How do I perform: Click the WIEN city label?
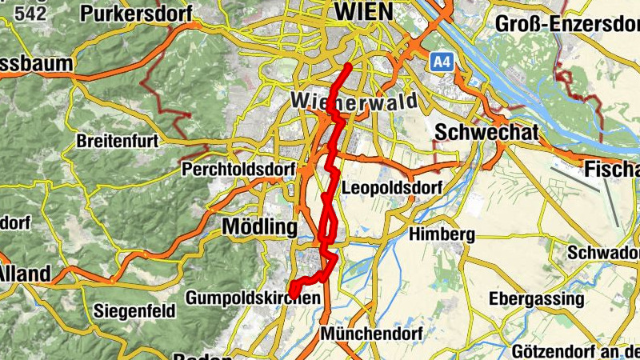pyautogui.click(x=364, y=11)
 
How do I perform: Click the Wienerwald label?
pyautogui.click(x=344, y=101)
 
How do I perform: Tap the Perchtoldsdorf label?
pyautogui.click(x=239, y=170)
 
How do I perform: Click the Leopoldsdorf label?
pyautogui.click(x=391, y=189)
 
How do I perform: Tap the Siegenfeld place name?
pyautogui.click(x=134, y=311)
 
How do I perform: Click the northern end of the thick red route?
pyautogui.click(x=350, y=65)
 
